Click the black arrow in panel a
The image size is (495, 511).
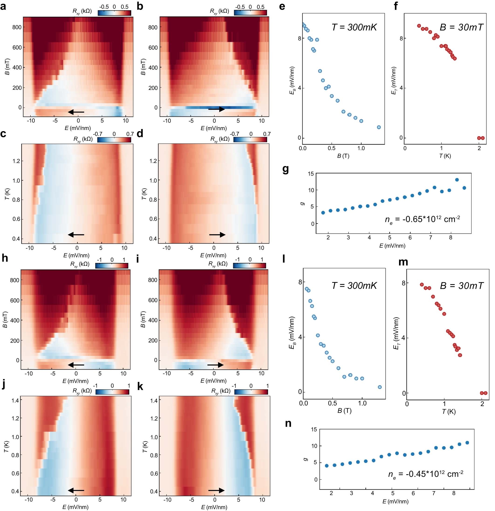(x=76, y=112)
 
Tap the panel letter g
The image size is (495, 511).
(x=286, y=170)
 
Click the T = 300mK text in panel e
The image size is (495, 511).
(x=354, y=27)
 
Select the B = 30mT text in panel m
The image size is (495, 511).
(x=461, y=286)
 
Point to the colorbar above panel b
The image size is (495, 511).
(x=250, y=13)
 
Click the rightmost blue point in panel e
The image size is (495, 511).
(x=379, y=127)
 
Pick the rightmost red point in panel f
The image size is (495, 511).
(x=482, y=138)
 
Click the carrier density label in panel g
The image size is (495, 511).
(x=422, y=219)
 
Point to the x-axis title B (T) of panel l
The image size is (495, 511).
(x=344, y=411)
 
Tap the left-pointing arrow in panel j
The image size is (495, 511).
(x=76, y=491)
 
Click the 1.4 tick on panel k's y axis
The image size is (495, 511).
(x=153, y=400)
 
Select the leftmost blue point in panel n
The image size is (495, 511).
(x=327, y=465)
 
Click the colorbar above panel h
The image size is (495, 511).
(x=112, y=266)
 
